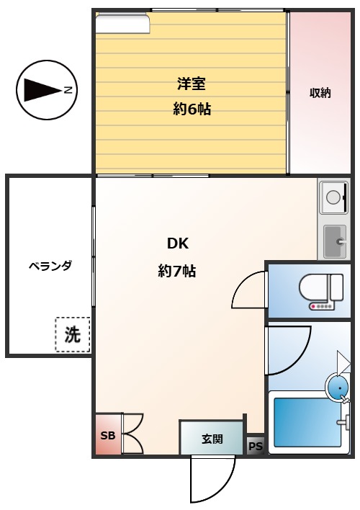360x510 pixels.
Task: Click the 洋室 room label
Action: pyautogui.click(x=191, y=83)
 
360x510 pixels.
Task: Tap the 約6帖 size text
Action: pyautogui.click(x=191, y=110)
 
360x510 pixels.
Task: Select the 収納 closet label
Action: pyautogui.click(x=320, y=93)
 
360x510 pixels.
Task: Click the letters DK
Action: pyautogui.click(x=177, y=243)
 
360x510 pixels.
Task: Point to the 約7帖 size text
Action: pyautogui.click(x=177, y=271)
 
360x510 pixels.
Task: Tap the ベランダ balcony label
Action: pyautogui.click(x=50, y=265)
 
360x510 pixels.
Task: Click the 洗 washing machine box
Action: pyautogui.click(x=73, y=334)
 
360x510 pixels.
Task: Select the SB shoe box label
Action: pyautogui.click(x=107, y=435)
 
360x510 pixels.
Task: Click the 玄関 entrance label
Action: pyautogui.click(x=212, y=439)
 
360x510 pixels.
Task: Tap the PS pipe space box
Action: pyautogui.click(x=256, y=446)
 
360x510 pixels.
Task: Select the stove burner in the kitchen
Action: pyautogui.click(x=333, y=196)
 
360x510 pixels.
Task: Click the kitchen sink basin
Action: pyautogui.click(x=335, y=241)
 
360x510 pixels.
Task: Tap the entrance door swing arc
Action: pyautogui.click(x=212, y=479)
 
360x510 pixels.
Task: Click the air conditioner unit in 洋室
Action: pyautogui.click(x=122, y=24)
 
